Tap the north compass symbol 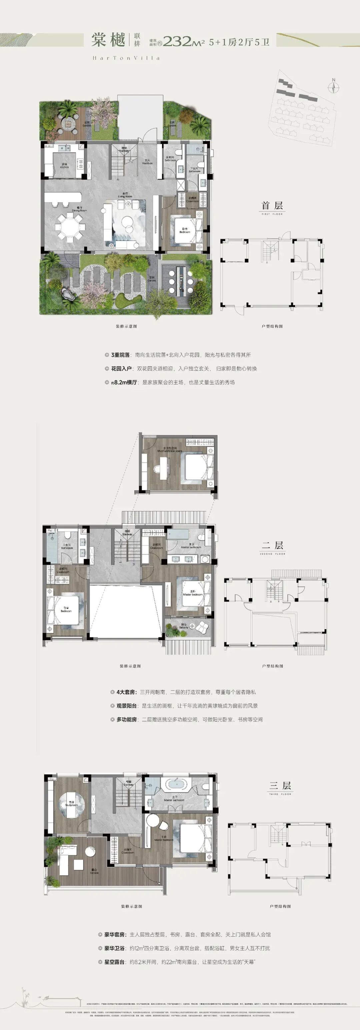333,86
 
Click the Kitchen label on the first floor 64,166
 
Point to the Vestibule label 147,162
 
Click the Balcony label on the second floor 184,627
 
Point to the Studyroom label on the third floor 72,792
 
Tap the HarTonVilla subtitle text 126,58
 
